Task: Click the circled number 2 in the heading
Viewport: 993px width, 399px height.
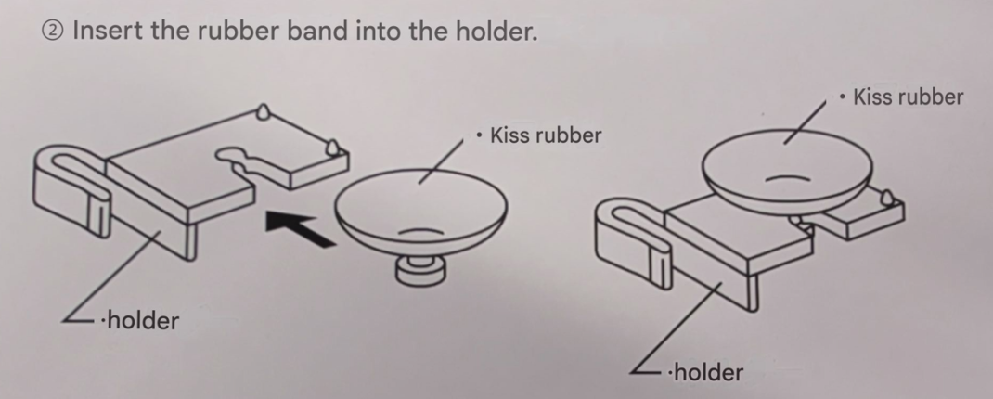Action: pos(53,31)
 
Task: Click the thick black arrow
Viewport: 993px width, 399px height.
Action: pos(300,229)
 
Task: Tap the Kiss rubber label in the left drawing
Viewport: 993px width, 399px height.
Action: pos(539,135)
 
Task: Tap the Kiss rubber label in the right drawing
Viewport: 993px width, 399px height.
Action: pos(902,97)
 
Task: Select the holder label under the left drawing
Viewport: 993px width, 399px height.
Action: pos(140,320)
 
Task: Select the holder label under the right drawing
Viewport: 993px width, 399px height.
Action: pos(705,372)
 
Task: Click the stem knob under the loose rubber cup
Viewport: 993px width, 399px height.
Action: pos(420,270)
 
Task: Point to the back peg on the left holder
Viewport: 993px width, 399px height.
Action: pos(263,112)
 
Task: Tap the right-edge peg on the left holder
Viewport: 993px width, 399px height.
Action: pos(332,148)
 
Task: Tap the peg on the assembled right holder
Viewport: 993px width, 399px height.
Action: pos(887,197)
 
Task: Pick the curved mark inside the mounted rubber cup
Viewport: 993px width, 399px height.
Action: pos(787,178)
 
